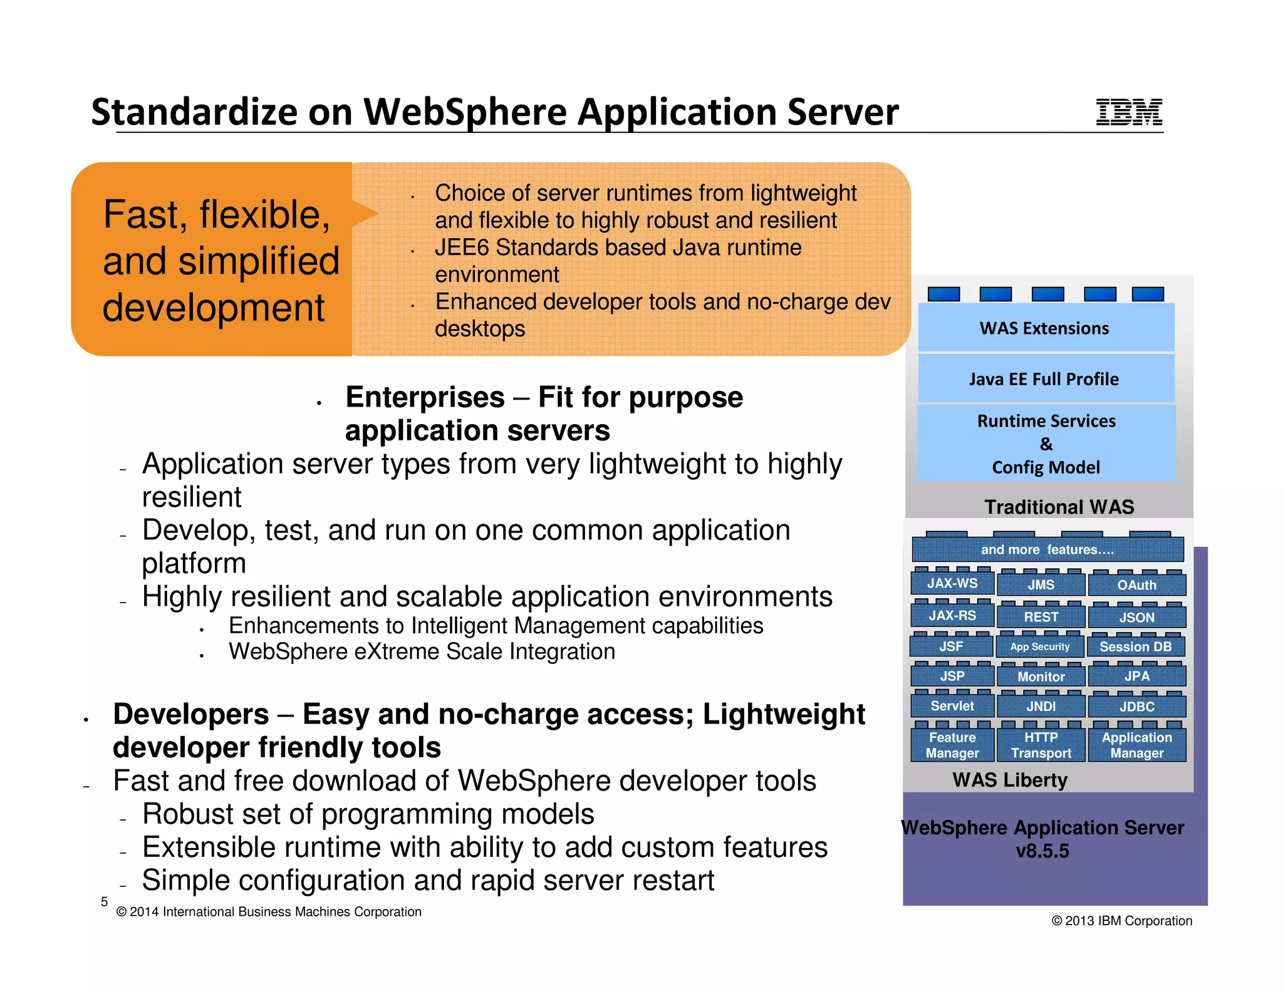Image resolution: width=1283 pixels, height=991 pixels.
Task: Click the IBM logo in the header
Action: point(1128,112)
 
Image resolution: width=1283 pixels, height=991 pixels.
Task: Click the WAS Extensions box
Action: point(1045,328)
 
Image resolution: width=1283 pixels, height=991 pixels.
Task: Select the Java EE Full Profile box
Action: point(1045,379)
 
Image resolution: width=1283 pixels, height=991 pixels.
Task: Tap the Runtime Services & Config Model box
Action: point(1046,444)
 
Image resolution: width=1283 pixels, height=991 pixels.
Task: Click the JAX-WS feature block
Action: point(952,583)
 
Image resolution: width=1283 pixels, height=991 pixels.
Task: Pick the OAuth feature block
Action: point(1136,585)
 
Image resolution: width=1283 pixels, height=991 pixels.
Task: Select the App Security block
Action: point(1040,646)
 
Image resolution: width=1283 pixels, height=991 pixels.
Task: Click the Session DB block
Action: point(1135,646)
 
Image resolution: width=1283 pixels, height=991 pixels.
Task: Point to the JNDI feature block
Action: point(1041,706)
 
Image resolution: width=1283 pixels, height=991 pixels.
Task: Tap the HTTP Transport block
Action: point(1041,745)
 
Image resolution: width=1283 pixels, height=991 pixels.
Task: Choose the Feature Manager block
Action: point(952,745)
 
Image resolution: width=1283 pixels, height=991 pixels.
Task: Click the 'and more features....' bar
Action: point(1047,549)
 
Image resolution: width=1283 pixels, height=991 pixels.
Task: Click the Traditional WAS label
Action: point(1059,507)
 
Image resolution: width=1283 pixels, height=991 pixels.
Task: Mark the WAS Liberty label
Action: point(1010,780)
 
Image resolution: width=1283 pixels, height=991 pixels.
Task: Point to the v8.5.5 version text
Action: point(1042,851)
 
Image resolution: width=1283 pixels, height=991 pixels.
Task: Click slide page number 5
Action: point(104,901)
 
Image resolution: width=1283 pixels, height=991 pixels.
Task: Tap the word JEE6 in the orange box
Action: point(462,247)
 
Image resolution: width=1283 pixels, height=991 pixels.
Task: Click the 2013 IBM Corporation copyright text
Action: point(1121,921)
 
